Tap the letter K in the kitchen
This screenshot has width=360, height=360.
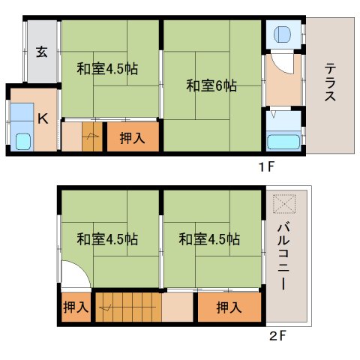43,117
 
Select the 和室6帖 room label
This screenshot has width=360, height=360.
211,85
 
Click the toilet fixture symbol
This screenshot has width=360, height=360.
283,34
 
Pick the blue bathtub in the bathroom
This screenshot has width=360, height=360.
283,140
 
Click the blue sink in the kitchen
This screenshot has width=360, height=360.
22,140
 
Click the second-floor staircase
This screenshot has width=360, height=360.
126,307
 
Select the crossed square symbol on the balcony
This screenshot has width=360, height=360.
286,203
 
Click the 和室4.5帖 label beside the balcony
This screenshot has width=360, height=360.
209,240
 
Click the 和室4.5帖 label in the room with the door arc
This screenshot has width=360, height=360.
107,240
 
